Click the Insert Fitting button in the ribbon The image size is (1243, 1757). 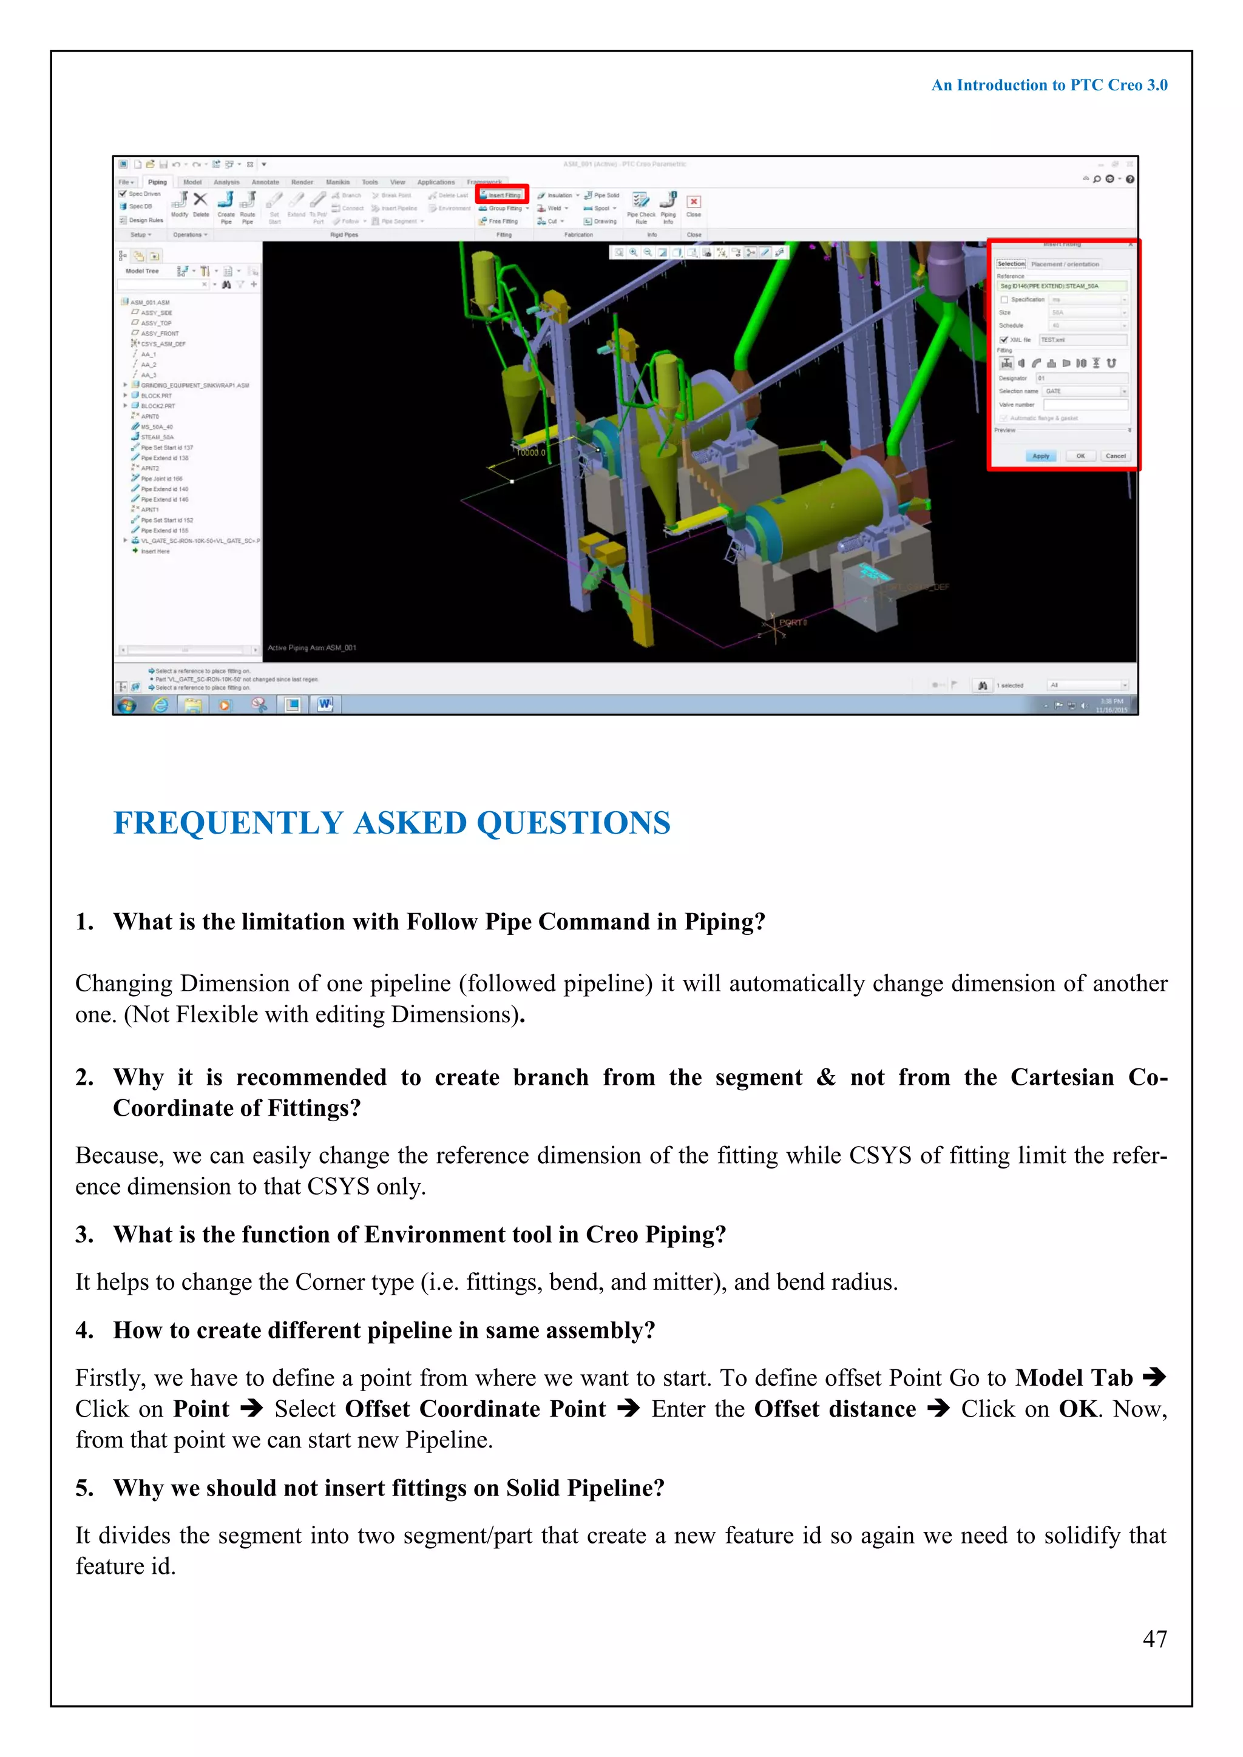pyautogui.click(x=502, y=195)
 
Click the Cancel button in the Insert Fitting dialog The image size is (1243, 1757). pyautogui.click(x=1114, y=456)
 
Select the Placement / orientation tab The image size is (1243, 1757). pyautogui.click(x=1065, y=264)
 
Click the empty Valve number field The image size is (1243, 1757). pyautogui.click(x=1085, y=405)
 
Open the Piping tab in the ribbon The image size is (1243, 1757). pyautogui.click(x=157, y=182)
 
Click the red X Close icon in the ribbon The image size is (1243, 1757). pyautogui.click(x=694, y=202)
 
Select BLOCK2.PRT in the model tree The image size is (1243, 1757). pyautogui.click(x=157, y=406)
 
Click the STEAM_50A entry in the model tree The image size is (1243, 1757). pyautogui.click(x=157, y=437)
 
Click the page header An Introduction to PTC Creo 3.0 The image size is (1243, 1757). pyautogui.click(x=1049, y=85)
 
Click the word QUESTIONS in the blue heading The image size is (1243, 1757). pyautogui.click(x=574, y=823)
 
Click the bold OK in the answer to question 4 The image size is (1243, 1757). pyautogui.click(x=1078, y=1409)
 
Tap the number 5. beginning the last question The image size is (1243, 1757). pyautogui.click(x=84, y=1488)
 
